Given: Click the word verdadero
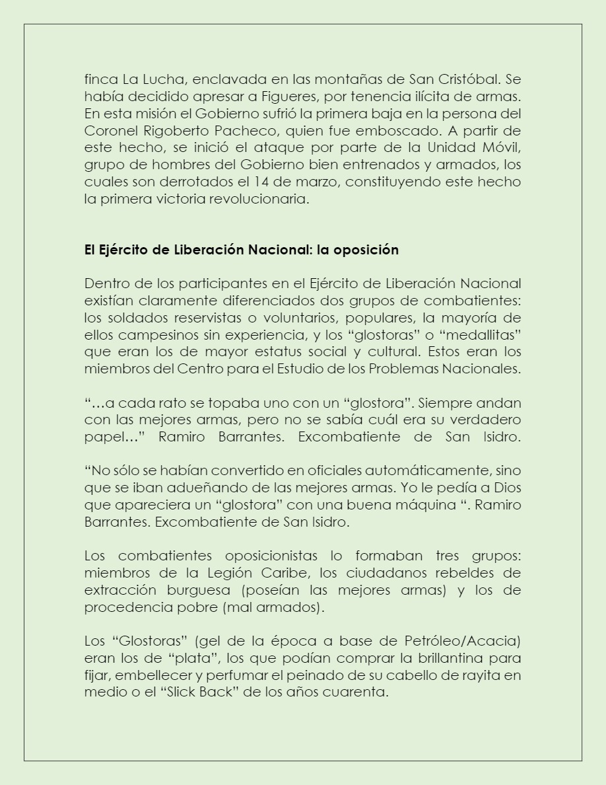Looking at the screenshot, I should click(483, 420).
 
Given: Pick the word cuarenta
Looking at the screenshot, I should click(356, 692).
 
